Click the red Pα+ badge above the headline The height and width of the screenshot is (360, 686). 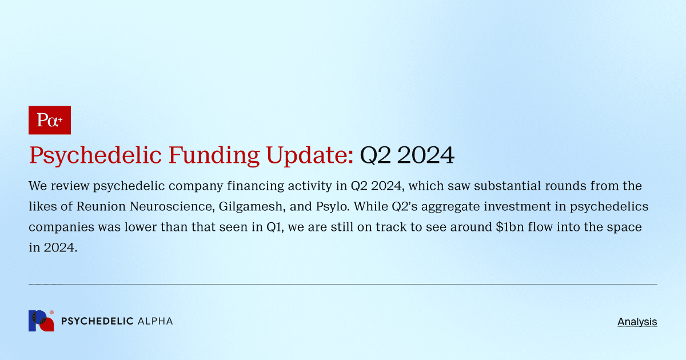(49, 120)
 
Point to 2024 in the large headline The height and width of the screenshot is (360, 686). (426, 155)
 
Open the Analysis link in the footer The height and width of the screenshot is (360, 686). (637, 322)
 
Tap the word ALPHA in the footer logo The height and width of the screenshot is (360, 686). (155, 321)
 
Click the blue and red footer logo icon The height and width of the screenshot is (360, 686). (41, 321)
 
